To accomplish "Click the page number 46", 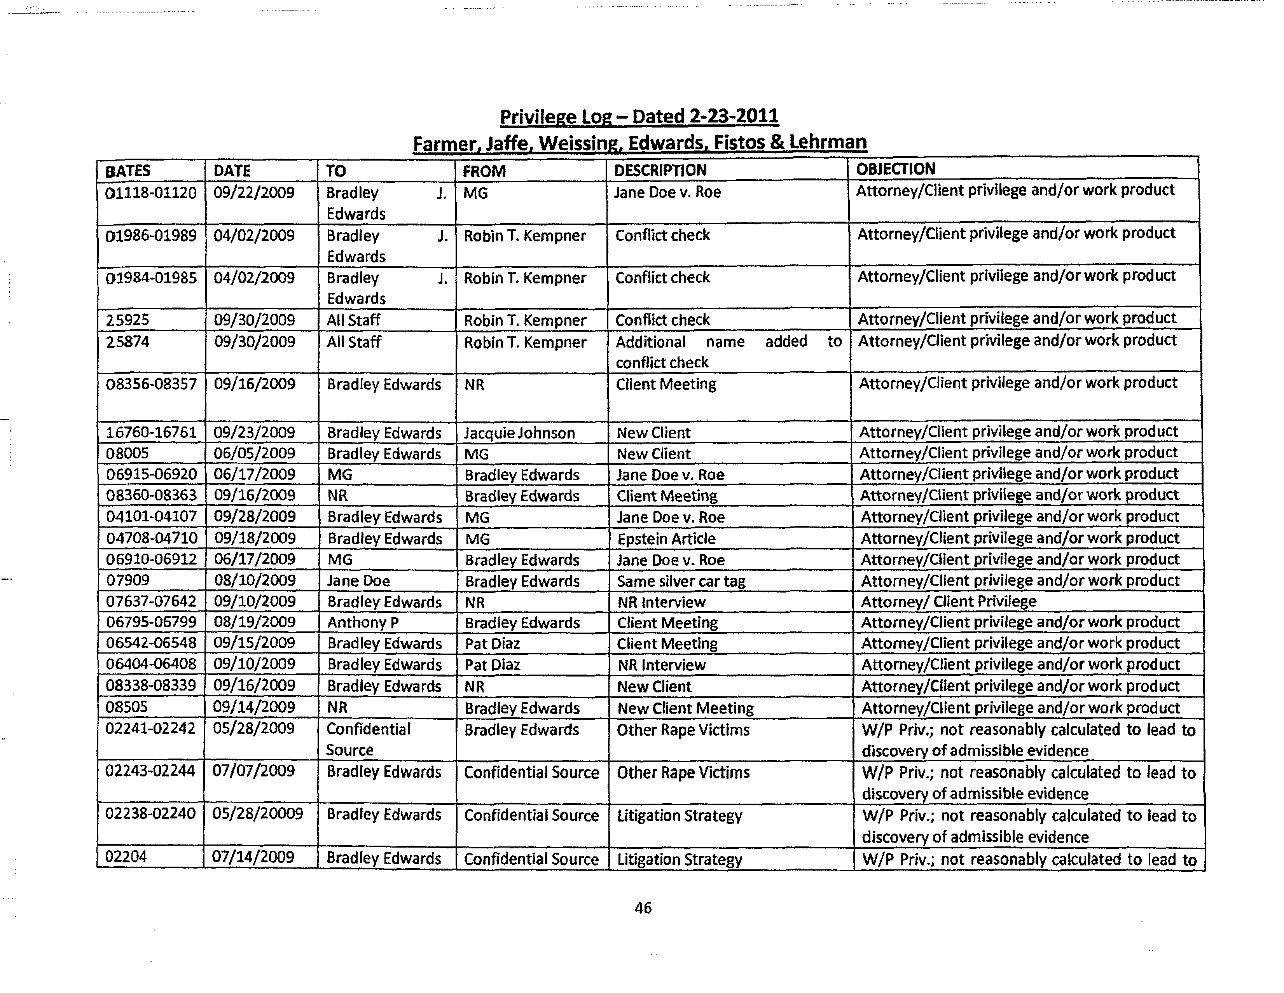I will coord(643,908).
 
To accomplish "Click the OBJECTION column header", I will coord(895,169).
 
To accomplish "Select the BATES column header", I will coord(127,171).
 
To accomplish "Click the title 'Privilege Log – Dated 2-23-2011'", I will coord(639,116).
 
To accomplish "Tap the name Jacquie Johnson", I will coord(519,433).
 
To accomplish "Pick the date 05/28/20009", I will coord(257,814).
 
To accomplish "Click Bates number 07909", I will coord(128,580).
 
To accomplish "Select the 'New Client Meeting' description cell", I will coord(685,708).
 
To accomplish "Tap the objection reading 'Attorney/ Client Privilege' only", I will coord(948,601).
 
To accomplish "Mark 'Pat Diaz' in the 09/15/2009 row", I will coord(492,644).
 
